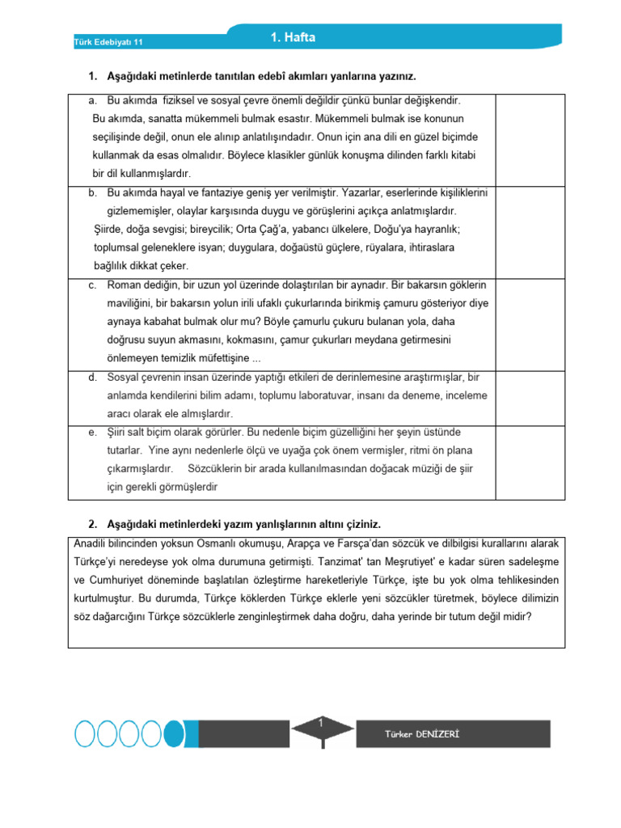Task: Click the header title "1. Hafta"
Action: tap(293, 37)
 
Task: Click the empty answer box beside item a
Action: tap(530, 139)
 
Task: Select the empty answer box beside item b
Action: tap(530, 230)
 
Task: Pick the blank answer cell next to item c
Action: tap(530, 323)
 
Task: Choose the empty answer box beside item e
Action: tap(530, 459)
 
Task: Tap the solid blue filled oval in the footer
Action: tap(174, 733)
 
